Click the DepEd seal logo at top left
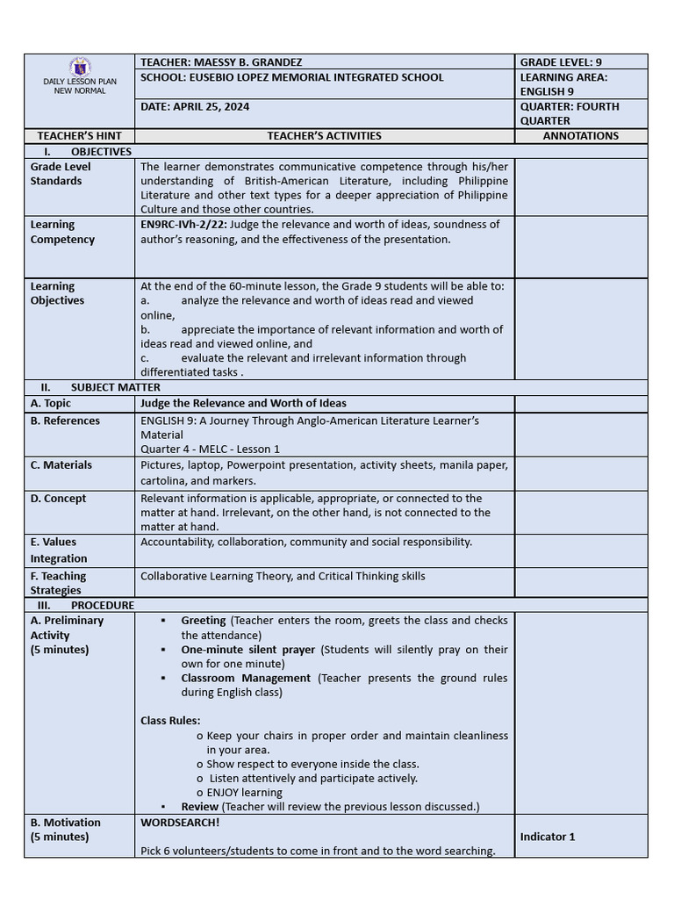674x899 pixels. tap(80, 67)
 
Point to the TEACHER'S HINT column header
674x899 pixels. tap(79, 136)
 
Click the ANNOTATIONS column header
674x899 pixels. tap(580, 136)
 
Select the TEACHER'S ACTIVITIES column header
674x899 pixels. tap(324, 136)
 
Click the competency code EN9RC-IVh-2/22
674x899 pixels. tap(181, 225)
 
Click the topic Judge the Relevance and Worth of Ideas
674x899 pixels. tap(243, 404)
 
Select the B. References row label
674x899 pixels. tap(65, 421)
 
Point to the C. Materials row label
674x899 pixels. tap(61, 465)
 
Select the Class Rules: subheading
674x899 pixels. tap(170, 721)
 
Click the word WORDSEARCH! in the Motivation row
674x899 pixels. tap(180, 823)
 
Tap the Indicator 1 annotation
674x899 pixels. tap(548, 837)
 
